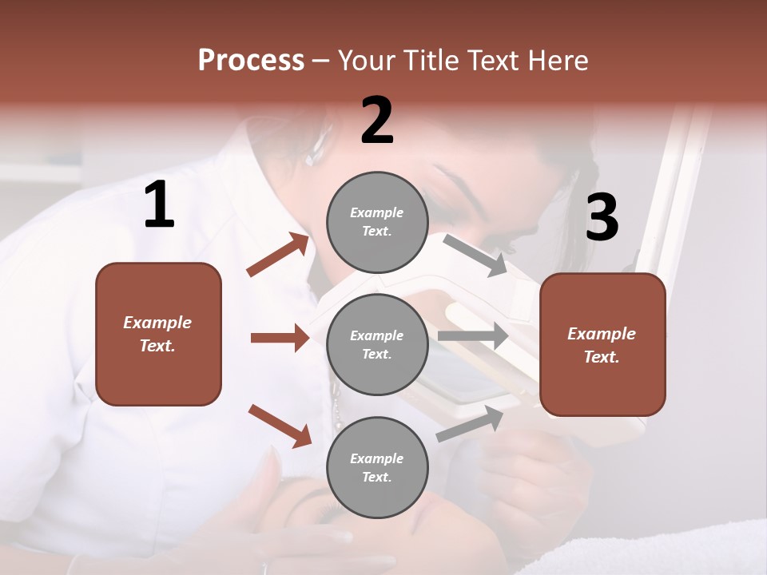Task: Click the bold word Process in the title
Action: tap(251, 61)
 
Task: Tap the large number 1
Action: tap(159, 205)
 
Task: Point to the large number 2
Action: tap(377, 121)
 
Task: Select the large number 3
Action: tap(602, 218)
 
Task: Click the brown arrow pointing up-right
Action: tap(278, 254)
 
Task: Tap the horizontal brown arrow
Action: tap(280, 338)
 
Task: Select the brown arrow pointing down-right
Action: tap(280, 425)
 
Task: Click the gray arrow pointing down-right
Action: tap(475, 255)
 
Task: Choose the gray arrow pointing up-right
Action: tap(470, 423)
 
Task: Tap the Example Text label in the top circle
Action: tap(377, 222)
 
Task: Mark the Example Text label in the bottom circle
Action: tap(377, 468)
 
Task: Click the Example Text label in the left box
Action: tap(157, 334)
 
